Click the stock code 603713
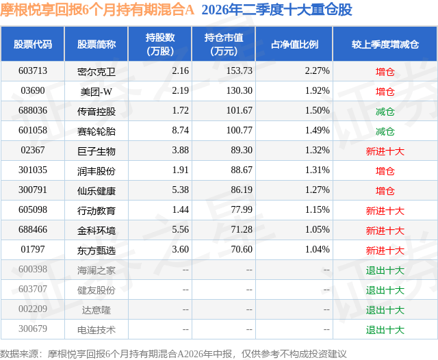(x=33, y=70)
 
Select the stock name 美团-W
(x=96, y=91)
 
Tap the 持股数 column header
(x=160, y=44)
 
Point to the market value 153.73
(x=240, y=70)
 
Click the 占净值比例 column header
(x=294, y=44)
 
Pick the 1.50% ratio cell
(x=318, y=110)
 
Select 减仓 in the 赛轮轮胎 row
(x=385, y=131)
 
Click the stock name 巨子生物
(x=96, y=151)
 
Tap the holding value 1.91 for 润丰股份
(x=181, y=170)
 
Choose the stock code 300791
(x=33, y=190)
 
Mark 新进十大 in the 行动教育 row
(x=385, y=211)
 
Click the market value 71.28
(x=242, y=229)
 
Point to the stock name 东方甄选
(x=96, y=250)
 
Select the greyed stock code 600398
(x=33, y=269)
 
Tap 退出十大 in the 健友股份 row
(x=385, y=290)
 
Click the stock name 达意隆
(x=96, y=310)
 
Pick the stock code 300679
(x=33, y=329)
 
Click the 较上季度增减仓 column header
(x=385, y=44)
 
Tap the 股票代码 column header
(x=33, y=44)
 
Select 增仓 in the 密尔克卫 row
(x=385, y=71)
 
